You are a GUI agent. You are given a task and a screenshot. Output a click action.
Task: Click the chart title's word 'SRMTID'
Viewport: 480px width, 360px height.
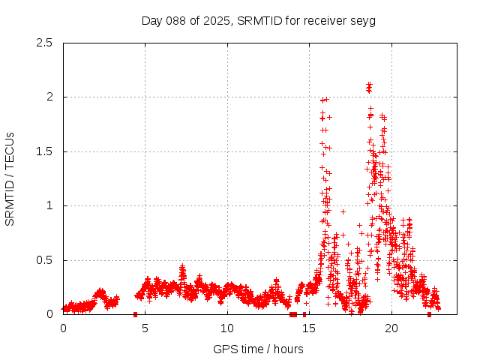tap(257, 20)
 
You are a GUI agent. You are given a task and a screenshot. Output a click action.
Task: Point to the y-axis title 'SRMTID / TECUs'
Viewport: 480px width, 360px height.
tap(10, 178)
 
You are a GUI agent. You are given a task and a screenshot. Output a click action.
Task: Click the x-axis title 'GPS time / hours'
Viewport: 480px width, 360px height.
tap(258, 349)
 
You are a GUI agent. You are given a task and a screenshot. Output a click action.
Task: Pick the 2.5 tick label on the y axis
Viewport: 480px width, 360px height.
tap(44, 43)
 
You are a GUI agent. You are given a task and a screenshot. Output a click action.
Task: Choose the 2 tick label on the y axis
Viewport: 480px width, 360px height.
tap(49, 97)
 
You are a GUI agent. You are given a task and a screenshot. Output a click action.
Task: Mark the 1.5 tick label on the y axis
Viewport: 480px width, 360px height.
tap(44, 151)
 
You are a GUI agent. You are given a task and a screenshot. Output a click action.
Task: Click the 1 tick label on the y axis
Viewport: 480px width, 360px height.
tap(49, 205)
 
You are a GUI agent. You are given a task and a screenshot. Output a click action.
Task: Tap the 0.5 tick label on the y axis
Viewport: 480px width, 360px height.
tap(44, 260)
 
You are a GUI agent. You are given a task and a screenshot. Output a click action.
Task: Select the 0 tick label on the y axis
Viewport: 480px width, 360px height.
tap(49, 314)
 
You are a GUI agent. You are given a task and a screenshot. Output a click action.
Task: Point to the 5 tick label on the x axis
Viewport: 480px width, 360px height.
tap(145, 328)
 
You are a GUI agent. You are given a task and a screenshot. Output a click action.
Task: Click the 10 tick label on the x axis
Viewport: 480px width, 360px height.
tap(227, 328)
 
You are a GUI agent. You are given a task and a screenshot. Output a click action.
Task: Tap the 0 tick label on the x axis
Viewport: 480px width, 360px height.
tap(63, 328)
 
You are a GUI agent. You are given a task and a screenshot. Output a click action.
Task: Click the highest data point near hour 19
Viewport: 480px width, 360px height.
tap(369, 85)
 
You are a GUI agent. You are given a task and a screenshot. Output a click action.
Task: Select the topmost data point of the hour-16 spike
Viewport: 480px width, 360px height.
tap(325, 99)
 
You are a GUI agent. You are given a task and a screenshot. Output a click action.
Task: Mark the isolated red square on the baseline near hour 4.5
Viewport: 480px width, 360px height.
tap(135, 314)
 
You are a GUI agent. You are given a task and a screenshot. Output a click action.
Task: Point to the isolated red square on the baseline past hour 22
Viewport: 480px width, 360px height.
tap(429, 314)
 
